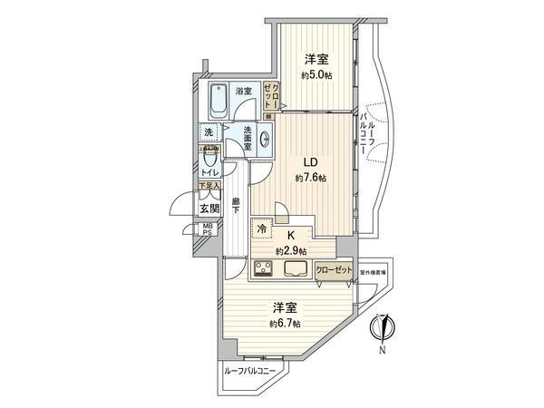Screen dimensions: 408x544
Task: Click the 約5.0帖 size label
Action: point(316,75)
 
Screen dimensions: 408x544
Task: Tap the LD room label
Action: point(309,163)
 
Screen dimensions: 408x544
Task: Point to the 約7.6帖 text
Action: point(310,178)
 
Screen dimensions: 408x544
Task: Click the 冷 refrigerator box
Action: point(262,230)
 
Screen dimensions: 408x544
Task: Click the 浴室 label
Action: point(243,92)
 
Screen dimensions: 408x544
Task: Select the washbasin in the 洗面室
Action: point(265,141)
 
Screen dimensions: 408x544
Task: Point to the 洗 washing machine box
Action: point(209,133)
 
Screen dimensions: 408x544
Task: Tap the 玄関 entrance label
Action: point(209,208)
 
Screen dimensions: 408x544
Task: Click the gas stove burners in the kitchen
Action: point(265,268)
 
